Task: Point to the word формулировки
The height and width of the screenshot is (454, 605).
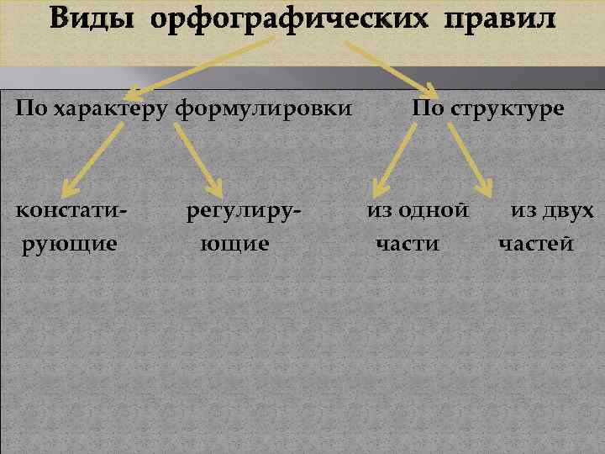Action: click(264, 110)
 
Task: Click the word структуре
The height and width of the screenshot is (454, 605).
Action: click(509, 110)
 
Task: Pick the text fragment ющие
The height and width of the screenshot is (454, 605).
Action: click(235, 244)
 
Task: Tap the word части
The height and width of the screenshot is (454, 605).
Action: click(408, 244)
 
